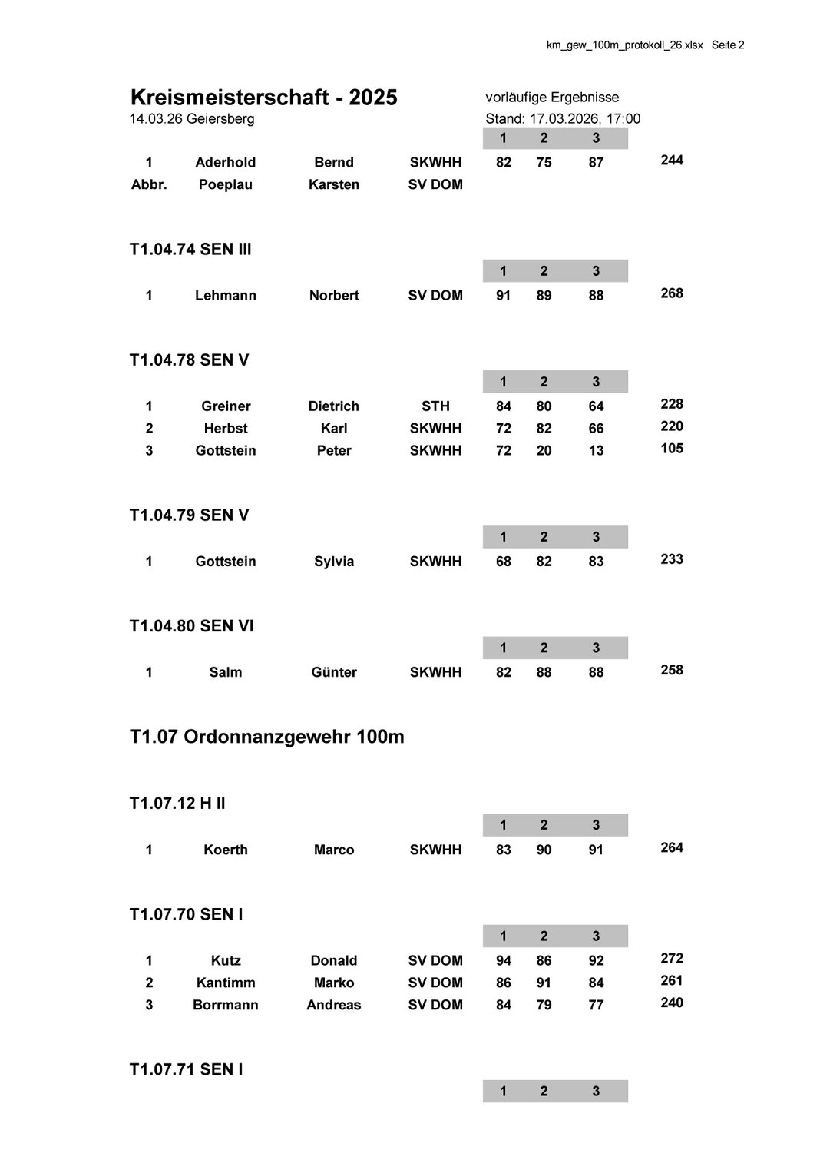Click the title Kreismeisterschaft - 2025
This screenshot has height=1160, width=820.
(x=264, y=98)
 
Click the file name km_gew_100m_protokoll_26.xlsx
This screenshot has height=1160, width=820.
(x=624, y=45)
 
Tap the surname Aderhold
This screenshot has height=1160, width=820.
(x=225, y=162)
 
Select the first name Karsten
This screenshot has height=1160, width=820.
(x=333, y=184)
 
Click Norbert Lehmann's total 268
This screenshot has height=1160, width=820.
(x=671, y=293)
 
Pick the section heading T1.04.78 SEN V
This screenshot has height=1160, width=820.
(x=189, y=360)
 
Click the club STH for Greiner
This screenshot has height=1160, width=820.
(x=435, y=406)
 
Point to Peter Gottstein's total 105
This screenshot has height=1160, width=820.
(x=671, y=449)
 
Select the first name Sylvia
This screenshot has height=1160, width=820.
(x=333, y=562)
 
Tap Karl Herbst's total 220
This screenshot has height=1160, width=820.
(x=671, y=426)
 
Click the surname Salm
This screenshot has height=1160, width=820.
(x=225, y=672)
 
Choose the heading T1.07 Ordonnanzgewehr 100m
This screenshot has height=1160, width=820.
(x=266, y=737)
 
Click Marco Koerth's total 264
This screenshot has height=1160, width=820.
(x=671, y=848)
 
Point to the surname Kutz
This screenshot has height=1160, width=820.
(x=225, y=960)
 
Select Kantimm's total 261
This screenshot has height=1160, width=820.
(x=671, y=981)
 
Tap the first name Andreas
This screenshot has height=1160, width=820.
(x=333, y=1005)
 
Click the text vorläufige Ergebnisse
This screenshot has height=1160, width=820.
(x=552, y=98)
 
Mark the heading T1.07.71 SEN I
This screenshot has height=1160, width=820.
(x=186, y=1069)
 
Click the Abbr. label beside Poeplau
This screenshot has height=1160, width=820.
(x=149, y=184)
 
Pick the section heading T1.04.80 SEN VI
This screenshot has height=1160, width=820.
(x=191, y=626)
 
